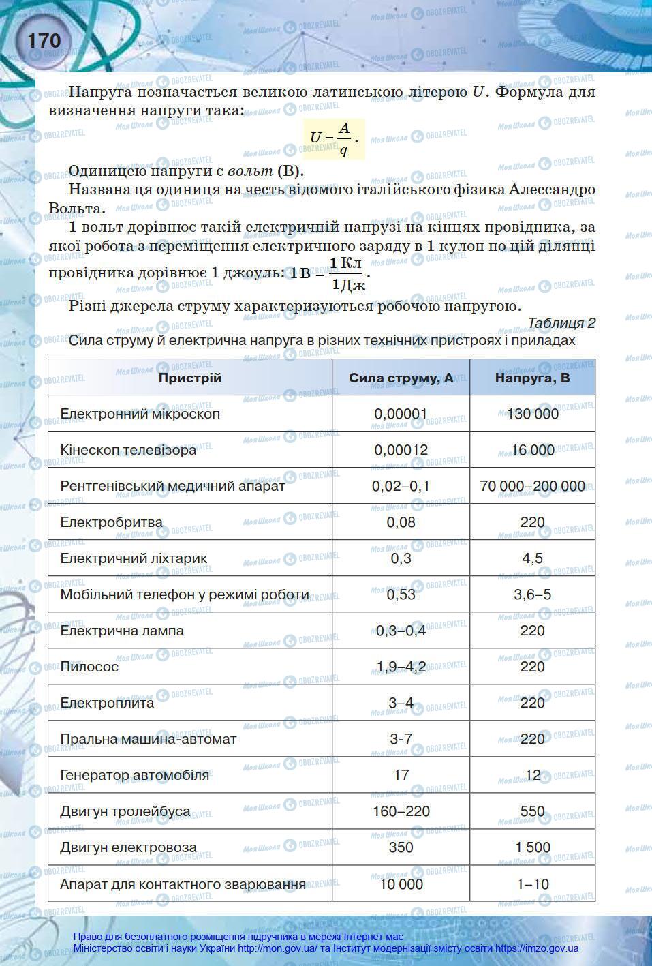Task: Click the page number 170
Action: [44, 41]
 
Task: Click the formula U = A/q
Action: [333, 138]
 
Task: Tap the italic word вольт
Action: [251, 171]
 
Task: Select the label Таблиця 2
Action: [561, 323]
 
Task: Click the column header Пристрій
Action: [190, 378]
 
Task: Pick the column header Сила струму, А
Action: [401, 378]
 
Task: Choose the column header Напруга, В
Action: [532, 378]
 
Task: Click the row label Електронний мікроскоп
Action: [140, 414]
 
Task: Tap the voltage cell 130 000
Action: [532, 414]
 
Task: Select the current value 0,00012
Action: [401, 450]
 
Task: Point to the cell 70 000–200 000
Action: [532, 486]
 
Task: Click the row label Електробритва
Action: [111, 522]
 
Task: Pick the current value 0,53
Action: [401, 594]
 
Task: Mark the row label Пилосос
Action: [89, 667]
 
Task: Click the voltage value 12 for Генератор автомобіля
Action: [532, 775]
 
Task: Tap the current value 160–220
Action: [401, 811]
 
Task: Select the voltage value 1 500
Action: [532, 847]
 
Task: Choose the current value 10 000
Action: [401, 884]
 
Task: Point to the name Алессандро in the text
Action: [551, 190]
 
